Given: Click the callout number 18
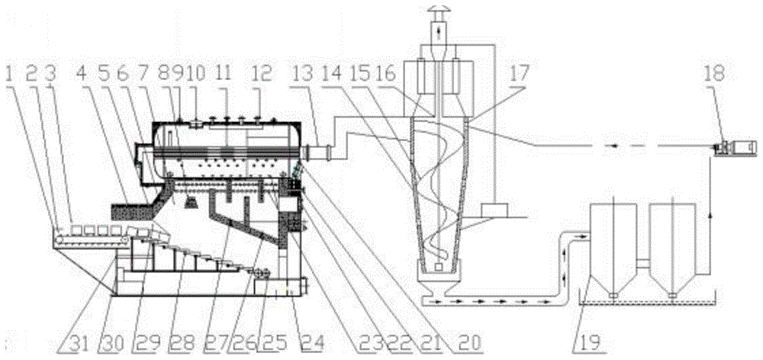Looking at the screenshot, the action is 716,75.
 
